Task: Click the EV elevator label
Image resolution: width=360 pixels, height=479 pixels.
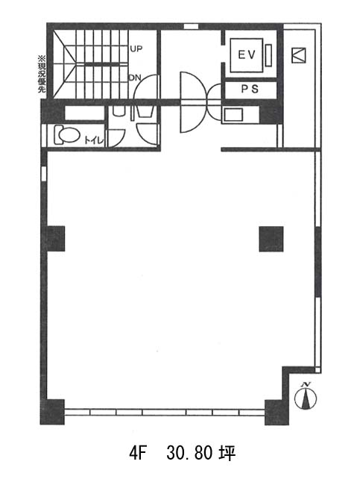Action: point(246,55)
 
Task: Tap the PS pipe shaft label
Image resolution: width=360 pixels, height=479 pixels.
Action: point(250,89)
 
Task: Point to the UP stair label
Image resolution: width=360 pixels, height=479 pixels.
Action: point(136,48)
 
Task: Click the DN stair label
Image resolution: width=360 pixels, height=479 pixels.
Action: point(135,78)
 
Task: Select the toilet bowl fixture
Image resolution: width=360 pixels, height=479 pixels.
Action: point(67,135)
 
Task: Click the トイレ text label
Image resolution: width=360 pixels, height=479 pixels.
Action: point(94,141)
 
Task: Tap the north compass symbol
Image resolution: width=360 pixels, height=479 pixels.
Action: point(306,395)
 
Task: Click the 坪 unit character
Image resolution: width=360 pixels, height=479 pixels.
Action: point(227,454)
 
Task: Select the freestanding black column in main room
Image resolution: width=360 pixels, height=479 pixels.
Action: point(271,239)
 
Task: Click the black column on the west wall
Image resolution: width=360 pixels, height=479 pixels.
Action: point(55,239)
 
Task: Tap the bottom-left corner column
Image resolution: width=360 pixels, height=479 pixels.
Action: point(52,412)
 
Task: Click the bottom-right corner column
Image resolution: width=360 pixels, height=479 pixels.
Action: point(277,412)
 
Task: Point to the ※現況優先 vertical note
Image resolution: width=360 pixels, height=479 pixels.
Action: point(41,74)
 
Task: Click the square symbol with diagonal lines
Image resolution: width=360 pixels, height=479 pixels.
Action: point(299,55)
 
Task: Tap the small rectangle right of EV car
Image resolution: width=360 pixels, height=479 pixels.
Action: point(268,55)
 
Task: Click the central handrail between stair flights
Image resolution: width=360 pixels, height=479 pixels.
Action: point(101,64)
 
